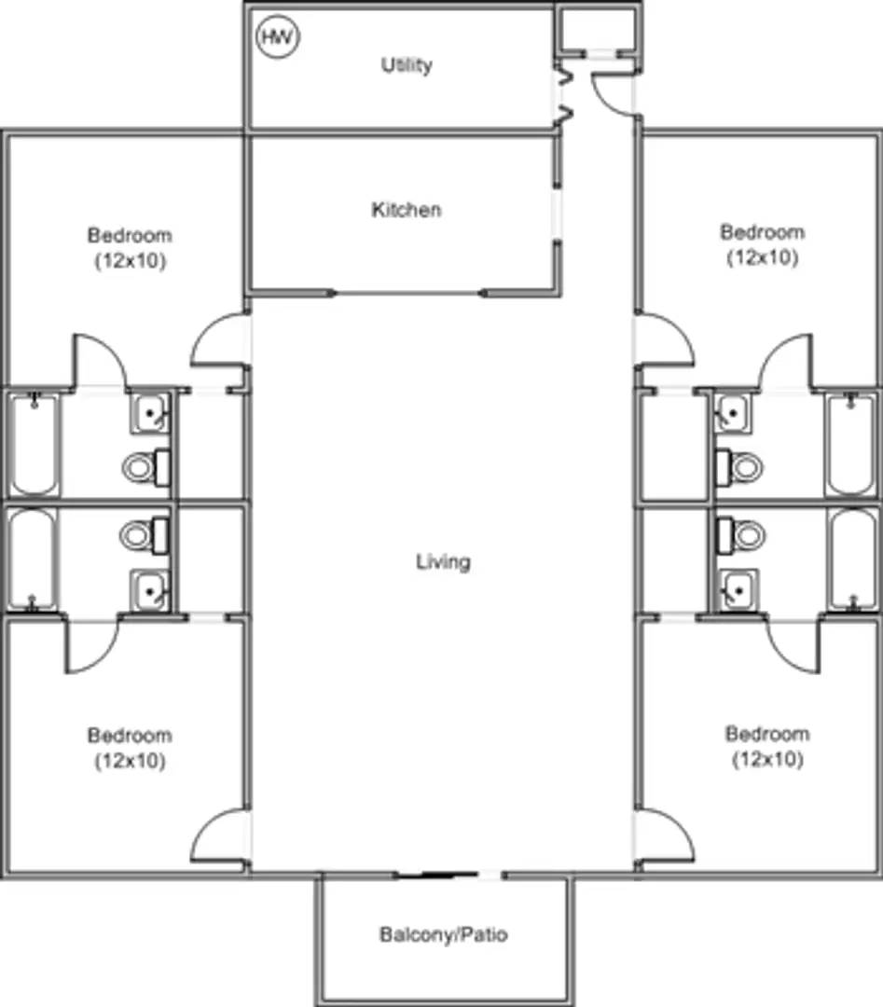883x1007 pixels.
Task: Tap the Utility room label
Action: tap(407, 65)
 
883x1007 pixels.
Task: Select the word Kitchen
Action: tap(407, 210)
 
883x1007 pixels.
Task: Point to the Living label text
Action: tap(443, 561)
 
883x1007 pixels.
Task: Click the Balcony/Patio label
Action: tap(444, 934)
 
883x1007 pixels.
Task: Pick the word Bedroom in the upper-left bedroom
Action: tap(130, 235)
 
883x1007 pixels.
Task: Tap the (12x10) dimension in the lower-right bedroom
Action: tap(766, 759)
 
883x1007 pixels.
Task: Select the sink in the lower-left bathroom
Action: tap(149, 589)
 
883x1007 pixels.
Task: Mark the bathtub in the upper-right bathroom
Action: tap(851, 445)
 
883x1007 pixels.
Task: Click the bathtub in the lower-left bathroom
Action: tap(34, 558)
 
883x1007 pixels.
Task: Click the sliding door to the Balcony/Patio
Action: tap(448, 875)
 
